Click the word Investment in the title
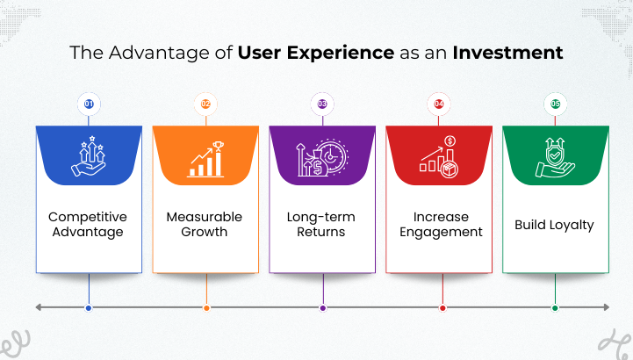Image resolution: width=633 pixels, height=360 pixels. (x=507, y=53)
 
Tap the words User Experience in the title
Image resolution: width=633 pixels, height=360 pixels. (x=315, y=53)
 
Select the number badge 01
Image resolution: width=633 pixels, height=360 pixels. (x=89, y=104)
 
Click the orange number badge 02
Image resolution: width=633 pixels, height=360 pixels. (x=205, y=104)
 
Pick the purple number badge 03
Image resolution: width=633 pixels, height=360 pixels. (x=322, y=104)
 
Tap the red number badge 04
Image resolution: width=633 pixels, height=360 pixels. (x=439, y=104)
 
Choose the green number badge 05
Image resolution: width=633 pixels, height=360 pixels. (x=555, y=104)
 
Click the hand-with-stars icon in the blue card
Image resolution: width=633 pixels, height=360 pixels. (x=89, y=156)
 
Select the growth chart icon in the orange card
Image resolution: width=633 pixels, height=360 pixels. (x=205, y=156)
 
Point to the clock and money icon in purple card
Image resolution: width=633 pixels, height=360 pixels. (x=322, y=156)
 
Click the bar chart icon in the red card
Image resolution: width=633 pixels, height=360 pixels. (x=439, y=156)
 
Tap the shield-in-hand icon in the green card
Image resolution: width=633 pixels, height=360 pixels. (x=555, y=156)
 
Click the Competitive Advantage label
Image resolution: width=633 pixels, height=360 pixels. (x=88, y=225)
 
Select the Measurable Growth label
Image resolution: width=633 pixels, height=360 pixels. (x=205, y=225)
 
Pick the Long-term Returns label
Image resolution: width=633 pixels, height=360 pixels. (x=322, y=225)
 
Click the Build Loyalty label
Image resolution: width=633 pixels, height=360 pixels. (x=554, y=225)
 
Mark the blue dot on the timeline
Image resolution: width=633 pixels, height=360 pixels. (x=89, y=308)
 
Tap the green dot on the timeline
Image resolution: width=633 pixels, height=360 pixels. (x=555, y=308)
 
